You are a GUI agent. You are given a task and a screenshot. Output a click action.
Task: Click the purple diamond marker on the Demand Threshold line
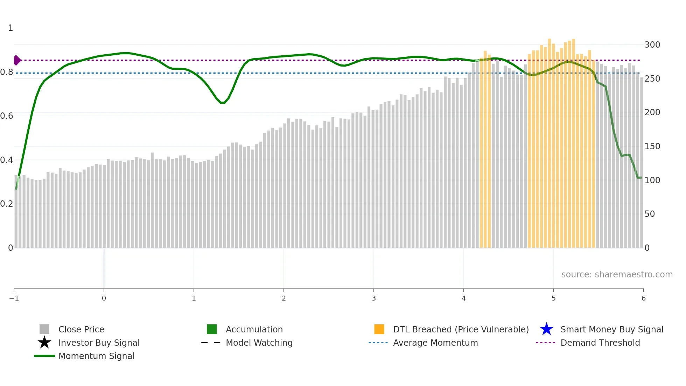point(17,60)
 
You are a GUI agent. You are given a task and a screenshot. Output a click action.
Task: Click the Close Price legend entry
point(81,329)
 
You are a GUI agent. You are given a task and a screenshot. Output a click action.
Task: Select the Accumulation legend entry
point(254,329)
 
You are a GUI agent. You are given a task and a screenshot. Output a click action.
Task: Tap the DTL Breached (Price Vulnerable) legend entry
point(461,329)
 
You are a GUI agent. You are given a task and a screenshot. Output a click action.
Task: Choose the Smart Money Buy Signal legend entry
point(611,329)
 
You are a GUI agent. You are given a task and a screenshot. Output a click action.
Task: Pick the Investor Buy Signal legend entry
point(99,343)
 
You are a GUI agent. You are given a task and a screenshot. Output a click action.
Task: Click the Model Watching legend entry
point(259,343)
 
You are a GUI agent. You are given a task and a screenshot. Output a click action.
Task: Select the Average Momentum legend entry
point(435,343)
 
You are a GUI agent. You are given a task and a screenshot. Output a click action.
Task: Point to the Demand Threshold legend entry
point(600,343)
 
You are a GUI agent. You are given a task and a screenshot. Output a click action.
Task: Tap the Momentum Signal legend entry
point(96,356)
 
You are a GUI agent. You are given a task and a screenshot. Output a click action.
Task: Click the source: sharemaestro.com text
point(617,275)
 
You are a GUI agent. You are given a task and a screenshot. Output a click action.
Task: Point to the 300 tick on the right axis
point(652,45)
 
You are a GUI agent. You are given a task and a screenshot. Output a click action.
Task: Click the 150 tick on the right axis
point(652,146)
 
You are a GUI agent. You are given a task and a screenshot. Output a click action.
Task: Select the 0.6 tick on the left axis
point(7,116)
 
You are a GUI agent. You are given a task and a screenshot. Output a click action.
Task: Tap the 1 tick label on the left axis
point(10,28)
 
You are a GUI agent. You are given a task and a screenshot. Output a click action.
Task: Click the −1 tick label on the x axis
point(14,298)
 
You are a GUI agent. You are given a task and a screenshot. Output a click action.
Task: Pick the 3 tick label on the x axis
point(374,298)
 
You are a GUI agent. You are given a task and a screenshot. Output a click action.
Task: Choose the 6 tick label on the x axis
point(643,298)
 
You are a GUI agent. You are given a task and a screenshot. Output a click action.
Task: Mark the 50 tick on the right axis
point(650,214)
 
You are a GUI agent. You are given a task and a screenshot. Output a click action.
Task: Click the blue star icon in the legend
point(546,329)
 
